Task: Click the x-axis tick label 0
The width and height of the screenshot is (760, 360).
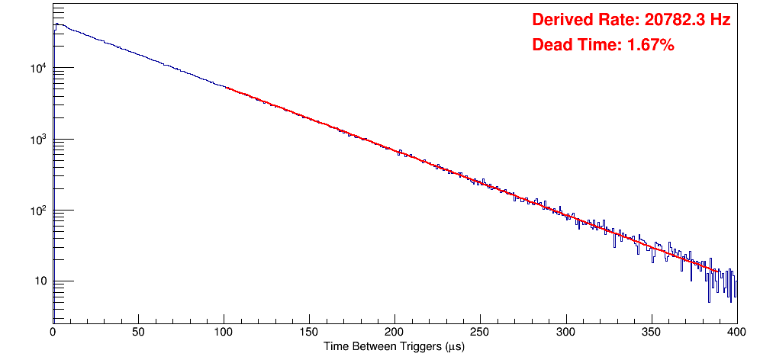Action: pyautogui.click(x=53, y=333)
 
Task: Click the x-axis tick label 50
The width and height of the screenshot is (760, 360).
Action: pyautogui.click(x=138, y=333)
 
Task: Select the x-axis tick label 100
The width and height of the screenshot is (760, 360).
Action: pyautogui.click(x=224, y=333)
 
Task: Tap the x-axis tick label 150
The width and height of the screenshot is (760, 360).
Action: pyautogui.click(x=309, y=333)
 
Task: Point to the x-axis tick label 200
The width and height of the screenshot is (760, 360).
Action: pyautogui.click(x=394, y=333)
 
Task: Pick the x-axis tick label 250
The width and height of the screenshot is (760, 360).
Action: pyautogui.click(x=480, y=333)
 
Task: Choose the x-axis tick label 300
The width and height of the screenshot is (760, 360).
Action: pyautogui.click(x=565, y=333)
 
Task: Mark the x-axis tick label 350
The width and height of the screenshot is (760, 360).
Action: pyautogui.click(x=651, y=333)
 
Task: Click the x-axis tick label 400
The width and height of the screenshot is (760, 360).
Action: pyautogui.click(x=736, y=333)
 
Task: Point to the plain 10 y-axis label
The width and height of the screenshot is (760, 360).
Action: pyautogui.click(x=40, y=282)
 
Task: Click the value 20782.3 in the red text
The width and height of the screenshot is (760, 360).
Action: pyautogui.click(x=671, y=21)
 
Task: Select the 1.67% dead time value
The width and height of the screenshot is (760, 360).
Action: pyautogui.click(x=651, y=46)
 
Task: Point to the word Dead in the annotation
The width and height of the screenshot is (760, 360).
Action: pyautogui.click(x=550, y=46)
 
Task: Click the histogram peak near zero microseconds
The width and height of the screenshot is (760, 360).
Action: pyautogui.click(x=56, y=24)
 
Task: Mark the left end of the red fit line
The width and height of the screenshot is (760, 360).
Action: pyautogui.click(x=224, y=86)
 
